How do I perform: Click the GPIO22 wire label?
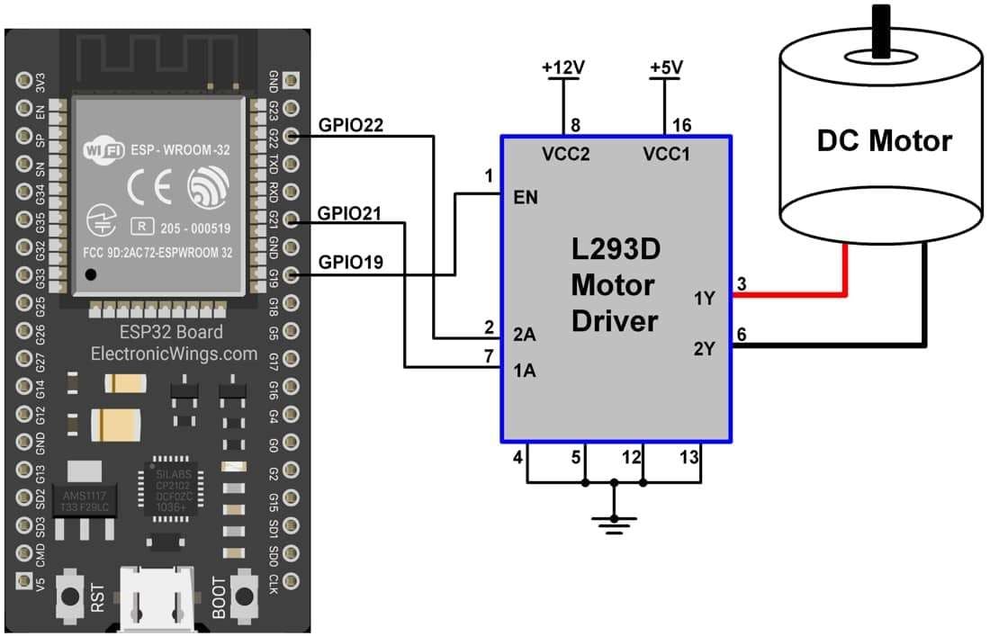(x=351, y=126)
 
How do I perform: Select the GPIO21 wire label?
(x=350, y=213)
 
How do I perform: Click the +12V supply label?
(x=562, y=68)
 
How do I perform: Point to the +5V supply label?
(x=667, y=68)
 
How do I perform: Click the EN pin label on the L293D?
(x=525, y=197)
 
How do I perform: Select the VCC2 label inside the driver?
(x=565, y=154)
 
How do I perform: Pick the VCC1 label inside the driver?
(x=666, y=154)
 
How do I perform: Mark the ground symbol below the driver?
(x=615, y=521)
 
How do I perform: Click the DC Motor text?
(x=884, y=141)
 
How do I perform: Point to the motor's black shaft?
(x=880, y=26)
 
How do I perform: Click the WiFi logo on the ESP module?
(x=103, y=149)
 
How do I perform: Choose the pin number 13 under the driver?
(x=688, y=458)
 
